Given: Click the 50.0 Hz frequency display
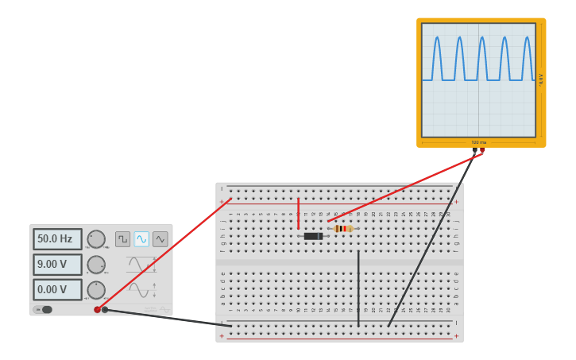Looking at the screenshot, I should pos(57,239).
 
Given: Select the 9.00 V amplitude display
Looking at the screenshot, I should pos(57,265).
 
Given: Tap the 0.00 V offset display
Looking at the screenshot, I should pos(57,290).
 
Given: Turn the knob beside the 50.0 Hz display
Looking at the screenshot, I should pos(96,239).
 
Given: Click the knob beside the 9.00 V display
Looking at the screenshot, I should pos(96,265).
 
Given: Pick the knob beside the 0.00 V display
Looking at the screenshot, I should pos(96,290).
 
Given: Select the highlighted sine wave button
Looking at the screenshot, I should pos(141,239).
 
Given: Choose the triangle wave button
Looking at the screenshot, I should pos(160,239).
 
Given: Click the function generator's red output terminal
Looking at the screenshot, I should pos(98,310).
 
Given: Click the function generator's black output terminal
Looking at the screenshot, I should pos(105,310).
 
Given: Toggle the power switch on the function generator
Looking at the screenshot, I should pos(44,310).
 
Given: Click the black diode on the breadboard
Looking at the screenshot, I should pos(313,236).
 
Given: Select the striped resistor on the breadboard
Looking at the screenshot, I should pos(343,229).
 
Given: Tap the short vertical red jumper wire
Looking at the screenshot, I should pos(299,213).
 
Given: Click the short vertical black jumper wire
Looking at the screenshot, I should pos(358,288).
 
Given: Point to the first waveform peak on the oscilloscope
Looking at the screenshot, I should pos(436,38).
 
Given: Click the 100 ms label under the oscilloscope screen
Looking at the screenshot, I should pos(478,143).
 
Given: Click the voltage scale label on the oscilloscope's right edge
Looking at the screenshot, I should pos(541,79).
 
